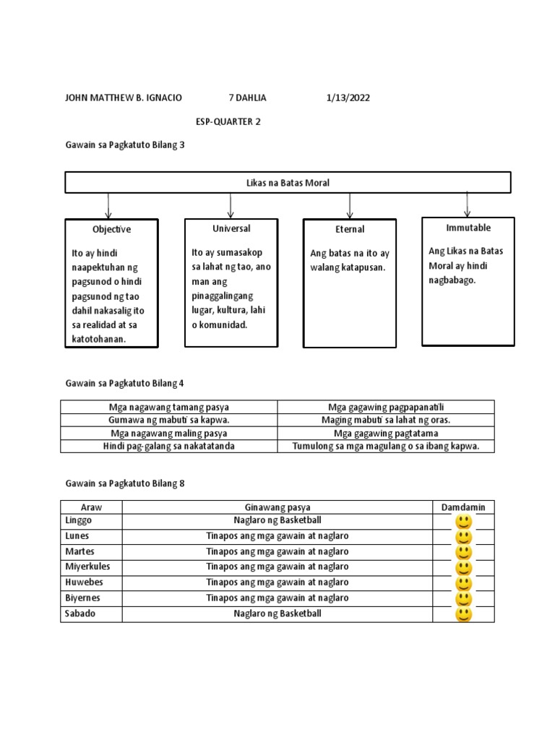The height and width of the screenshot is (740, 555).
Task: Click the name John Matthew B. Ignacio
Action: point(124,98)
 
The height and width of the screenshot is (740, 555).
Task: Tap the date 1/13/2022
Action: point(348,98)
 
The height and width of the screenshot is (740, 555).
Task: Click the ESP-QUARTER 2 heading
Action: point(228,121)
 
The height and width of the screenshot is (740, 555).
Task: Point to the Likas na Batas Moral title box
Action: point(288,183)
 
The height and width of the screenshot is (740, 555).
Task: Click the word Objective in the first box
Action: point(111,229)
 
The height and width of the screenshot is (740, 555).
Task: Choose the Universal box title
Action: point(231,228)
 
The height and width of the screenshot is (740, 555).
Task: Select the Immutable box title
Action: point(468,228)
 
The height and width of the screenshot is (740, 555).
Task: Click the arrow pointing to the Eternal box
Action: point(350,206)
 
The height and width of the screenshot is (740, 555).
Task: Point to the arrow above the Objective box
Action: point(108,206)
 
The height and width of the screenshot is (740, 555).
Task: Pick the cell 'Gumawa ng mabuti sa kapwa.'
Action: point(169,420)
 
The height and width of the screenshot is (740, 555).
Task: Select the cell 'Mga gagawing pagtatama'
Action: point(386,434)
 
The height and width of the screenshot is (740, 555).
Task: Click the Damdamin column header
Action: point(463,507)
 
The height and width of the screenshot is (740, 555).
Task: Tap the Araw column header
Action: point(91,507)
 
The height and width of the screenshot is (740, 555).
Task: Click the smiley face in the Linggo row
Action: point(463,522)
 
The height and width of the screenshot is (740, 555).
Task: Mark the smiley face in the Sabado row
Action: point(463,614)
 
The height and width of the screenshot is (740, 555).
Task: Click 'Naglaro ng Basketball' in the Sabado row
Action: point(277,614)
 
